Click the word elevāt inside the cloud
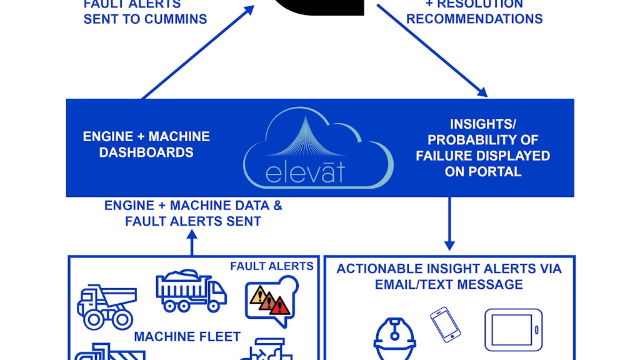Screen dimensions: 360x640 (305, 171)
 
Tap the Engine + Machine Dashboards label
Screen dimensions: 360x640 (146, 144)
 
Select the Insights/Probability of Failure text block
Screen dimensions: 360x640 (482, 148)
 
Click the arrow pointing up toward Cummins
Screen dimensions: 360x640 (198, 51)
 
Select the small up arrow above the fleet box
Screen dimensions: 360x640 (192, 242)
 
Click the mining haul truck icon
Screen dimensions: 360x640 (106, 306)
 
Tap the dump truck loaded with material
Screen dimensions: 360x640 (191, 291)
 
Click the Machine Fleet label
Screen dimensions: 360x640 (187, 337)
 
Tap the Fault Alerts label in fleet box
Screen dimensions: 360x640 (271, 266)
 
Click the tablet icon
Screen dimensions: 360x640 (513, 329)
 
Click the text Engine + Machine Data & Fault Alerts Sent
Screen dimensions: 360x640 (193, 213)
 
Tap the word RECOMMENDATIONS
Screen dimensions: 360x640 (474, 18)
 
